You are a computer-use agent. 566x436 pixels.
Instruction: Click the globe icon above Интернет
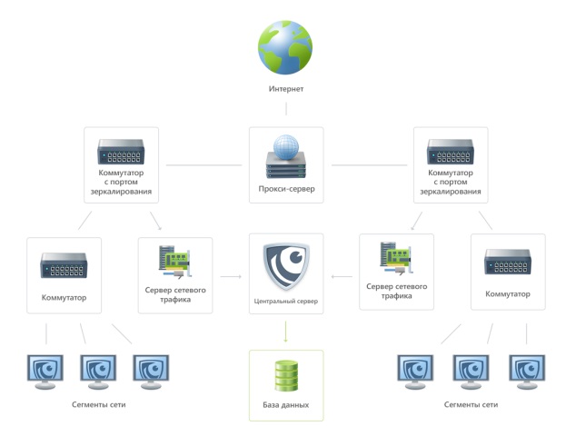[x=285, y=47]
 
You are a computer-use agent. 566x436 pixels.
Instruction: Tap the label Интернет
[x=286, y=89]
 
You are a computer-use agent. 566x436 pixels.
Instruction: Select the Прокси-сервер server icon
[x=286, y=156]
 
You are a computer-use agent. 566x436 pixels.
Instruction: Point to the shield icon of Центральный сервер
[x=286, y=266]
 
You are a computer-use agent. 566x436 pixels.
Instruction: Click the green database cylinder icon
[x=286, y=376]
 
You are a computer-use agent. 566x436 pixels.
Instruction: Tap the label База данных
[x=286, y=405]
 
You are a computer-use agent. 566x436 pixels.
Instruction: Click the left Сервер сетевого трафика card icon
[x=174, y=262]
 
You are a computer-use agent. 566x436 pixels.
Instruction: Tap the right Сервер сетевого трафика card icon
[x=396, y=259]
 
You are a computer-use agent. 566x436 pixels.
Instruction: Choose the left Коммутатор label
[x=64, y=297]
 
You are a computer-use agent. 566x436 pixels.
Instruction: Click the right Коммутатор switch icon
[x=508, y=263]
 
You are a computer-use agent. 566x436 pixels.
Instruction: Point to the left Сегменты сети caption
[x=97, y=404]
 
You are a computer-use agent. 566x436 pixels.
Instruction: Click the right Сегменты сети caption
[x=471, y=404]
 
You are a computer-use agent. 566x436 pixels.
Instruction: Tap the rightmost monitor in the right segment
[x=527, y=372]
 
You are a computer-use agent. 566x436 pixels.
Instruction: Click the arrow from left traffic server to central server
[x=231, y=275]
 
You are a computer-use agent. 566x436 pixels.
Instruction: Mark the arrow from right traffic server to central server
[x=341, y=275]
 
